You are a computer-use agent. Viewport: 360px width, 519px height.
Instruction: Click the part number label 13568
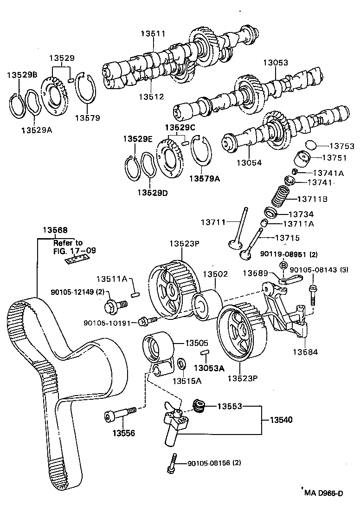[55, 230]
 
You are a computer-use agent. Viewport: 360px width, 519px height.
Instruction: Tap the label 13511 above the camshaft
[153, 33]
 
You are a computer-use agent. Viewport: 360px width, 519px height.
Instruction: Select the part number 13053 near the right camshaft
[276, 63]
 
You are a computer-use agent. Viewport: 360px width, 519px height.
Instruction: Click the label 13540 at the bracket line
[280, 420]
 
